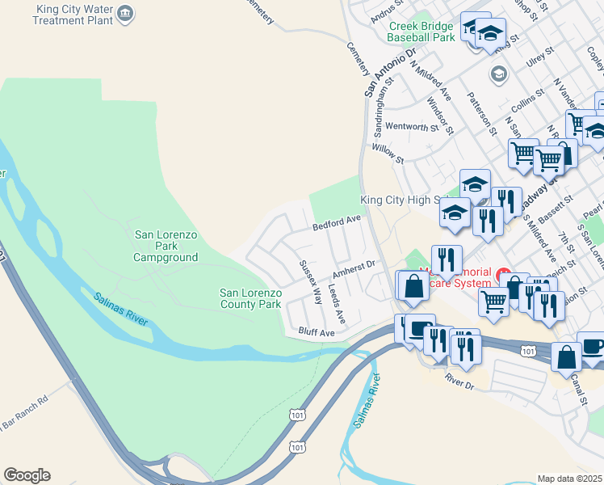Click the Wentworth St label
[x=411, y=127]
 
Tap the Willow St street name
[x=387, y=149]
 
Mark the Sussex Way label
[x=310, y=281]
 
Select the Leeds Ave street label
[x=336, y=304]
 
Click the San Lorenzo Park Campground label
[x=166, y=246]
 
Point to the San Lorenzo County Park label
[x=250, y=298]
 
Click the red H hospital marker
[x=505, y=276]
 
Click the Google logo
[x=27, y=475]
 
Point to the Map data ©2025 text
[x=569, y=479]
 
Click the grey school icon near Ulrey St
[x=498, y=74]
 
